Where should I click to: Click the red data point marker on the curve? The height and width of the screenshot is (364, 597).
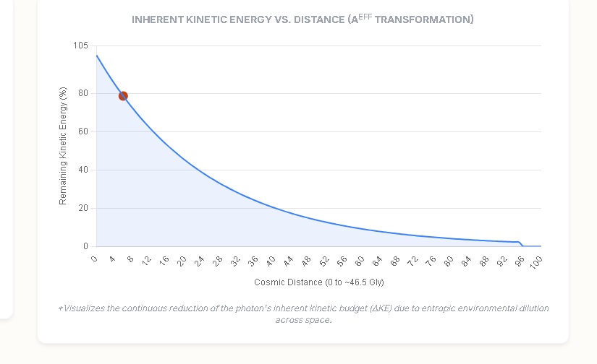[123, 96]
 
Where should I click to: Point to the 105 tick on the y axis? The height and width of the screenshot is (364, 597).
[80, 46]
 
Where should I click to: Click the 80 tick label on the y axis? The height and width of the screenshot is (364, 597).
[83, 93]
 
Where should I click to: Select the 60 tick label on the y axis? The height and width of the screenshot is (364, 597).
[83, 131]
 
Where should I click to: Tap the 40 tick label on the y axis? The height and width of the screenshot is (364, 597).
[83, 170]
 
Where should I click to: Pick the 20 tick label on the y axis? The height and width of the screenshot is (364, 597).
[83, 208]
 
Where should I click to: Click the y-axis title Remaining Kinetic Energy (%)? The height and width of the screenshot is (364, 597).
[63, 146]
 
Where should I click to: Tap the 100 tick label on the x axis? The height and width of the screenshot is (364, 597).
[535, 262]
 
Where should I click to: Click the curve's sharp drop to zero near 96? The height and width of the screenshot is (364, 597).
[521, 244]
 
